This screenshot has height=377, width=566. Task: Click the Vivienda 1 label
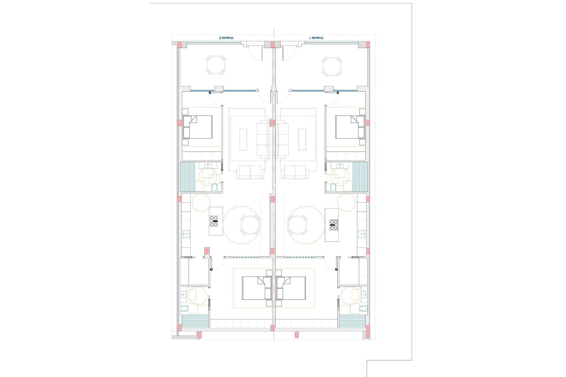316,38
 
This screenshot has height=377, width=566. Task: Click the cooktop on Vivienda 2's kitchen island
214,221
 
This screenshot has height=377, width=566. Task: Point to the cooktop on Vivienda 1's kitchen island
334,225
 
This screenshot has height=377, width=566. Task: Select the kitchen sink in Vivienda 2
186,234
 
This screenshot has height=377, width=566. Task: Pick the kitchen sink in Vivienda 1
362,234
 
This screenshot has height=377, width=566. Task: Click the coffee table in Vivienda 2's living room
243,139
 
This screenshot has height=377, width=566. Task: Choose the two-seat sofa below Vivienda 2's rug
250,172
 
